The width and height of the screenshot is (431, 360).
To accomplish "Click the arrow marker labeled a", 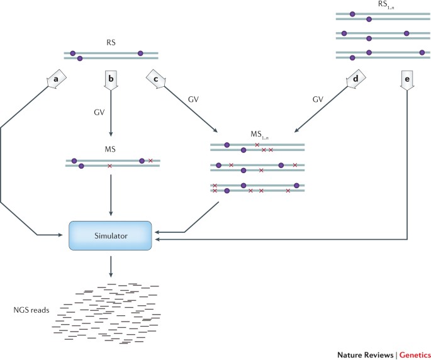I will [x=55, y=81].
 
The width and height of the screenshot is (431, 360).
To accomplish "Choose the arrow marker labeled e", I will [x=406, y=81].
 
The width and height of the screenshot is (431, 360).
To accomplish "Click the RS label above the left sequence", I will [x=110, y=44].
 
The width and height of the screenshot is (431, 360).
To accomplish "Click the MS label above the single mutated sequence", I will [x=110, y=150].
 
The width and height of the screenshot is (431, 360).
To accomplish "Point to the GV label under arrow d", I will [x=318, y=100].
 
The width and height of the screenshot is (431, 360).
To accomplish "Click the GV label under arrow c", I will [x=194, y=100].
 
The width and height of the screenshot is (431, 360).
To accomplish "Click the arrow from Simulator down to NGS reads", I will [x=110, y=264].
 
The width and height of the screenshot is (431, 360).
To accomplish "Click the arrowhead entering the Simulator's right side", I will [x=157, y=239].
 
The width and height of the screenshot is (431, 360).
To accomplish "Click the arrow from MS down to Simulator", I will [x=110, y=195].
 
